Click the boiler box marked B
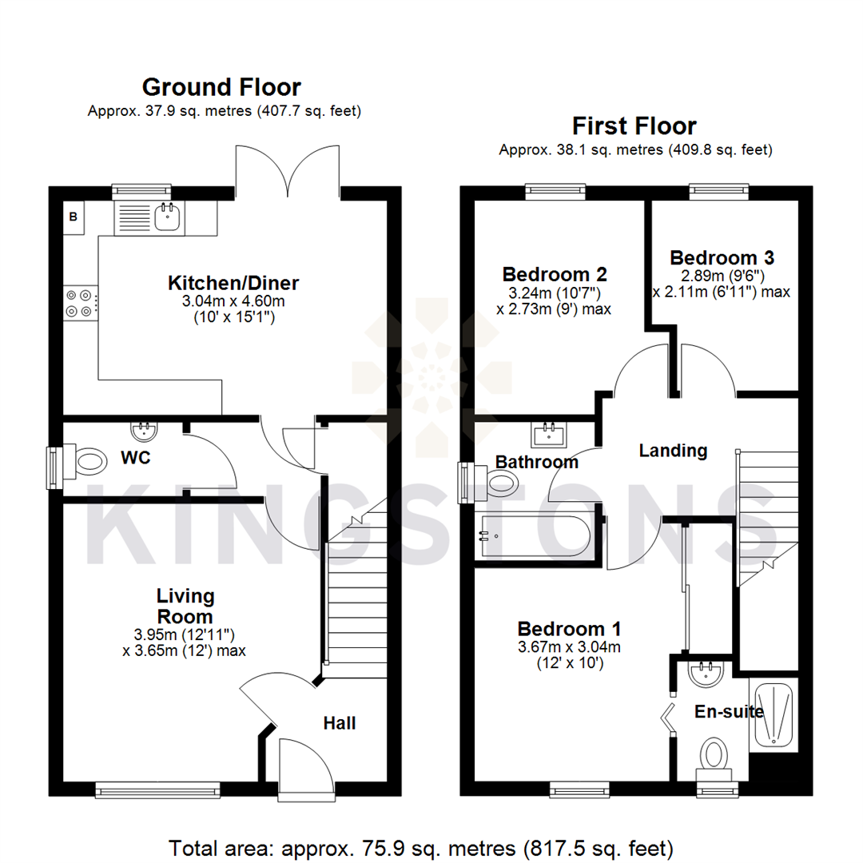coord(74,217)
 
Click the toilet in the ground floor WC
coord(86,462)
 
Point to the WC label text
coord(136,459)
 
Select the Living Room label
coord(185,606)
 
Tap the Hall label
coord(340,723)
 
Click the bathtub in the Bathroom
coord(535,536)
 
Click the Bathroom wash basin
coord(549,435)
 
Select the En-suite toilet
coord(714,754)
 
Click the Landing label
coord(673,451)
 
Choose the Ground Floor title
coord(221,86)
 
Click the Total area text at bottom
coord(421,846)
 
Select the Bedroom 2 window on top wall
coord(554,190)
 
